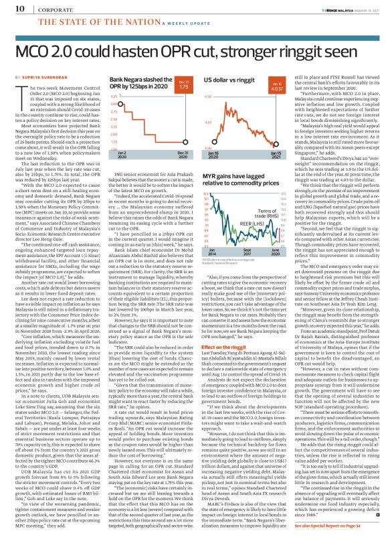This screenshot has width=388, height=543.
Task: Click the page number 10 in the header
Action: [13, 7]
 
